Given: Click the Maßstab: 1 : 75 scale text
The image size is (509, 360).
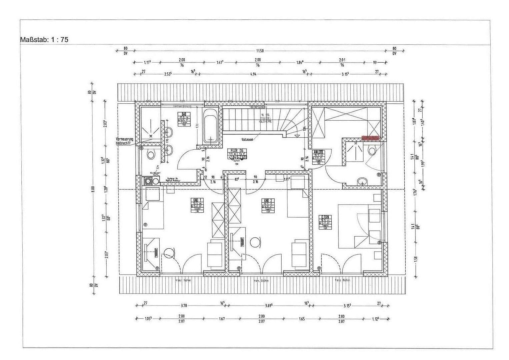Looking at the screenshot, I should point(44,40).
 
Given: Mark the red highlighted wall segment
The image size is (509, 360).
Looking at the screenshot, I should point(370,137).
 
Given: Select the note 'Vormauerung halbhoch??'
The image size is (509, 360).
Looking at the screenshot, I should point(125,140).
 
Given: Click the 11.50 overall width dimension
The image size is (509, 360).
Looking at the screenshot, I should point(260,51).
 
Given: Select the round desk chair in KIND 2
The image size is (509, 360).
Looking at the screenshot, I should point(255,242).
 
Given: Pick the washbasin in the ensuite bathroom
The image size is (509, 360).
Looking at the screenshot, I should point(362,182).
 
